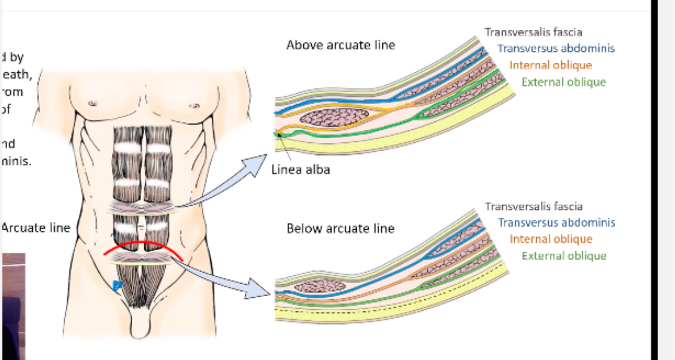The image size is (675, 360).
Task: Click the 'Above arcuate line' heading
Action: click(x=340, y=45)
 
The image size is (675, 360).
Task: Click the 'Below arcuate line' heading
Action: click(x=340, y=228)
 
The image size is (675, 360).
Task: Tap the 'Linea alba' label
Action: click(x=300, y=169)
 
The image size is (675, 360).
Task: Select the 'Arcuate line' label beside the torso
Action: click(x=36, y=228)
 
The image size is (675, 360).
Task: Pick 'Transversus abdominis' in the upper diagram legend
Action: click(x=556, y=48)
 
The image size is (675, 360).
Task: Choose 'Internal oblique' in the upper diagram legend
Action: click(x=551, y=65)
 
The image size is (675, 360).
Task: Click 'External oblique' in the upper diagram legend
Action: click(x=564, y=82)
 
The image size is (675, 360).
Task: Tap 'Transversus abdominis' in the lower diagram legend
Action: click(x=556, y=222)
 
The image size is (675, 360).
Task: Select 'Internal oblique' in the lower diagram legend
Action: click(x=551, y=239)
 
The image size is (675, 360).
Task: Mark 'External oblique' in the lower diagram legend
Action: click(x=564, y=256)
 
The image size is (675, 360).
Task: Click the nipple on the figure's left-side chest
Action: click(x=194, y=106)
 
